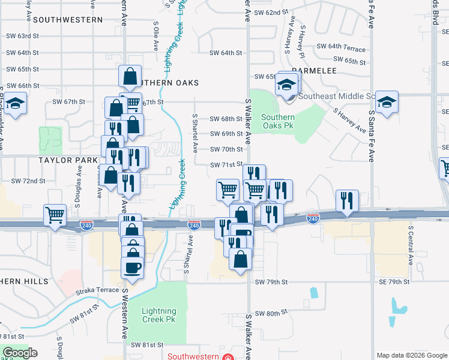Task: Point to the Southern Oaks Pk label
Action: click(x=278, y=122)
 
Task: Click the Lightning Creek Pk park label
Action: click(x=159, y=316)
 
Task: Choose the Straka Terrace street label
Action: click(x=97, y=290)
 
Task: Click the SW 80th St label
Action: click(x=268, y=314)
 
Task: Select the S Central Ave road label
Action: click(x=411, y=245)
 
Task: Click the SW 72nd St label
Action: click(x=29, y=181)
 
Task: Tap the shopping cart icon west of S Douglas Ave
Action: click(x=55, y=214)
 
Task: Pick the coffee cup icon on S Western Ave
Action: click(x=133, y=267)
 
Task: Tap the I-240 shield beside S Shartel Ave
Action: click(x=193, y=224)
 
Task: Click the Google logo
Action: click(x=20, y=353)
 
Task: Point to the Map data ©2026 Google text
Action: click(x=411, y=355)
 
